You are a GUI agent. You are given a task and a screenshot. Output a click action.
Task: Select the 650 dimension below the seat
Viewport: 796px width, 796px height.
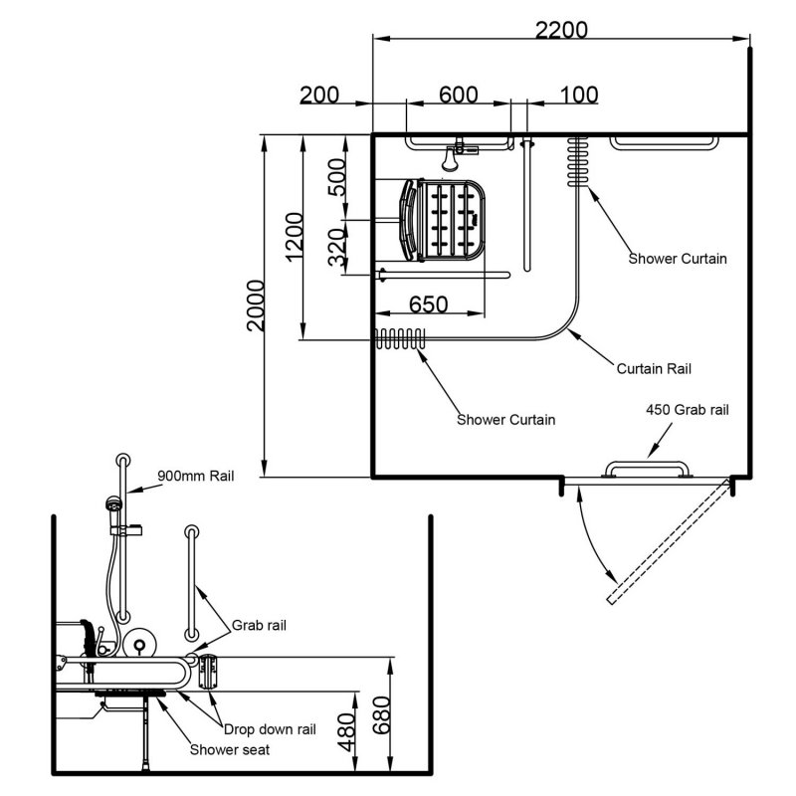coord(428,304)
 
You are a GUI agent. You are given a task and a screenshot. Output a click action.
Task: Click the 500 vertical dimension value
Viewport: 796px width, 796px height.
coord(337,177)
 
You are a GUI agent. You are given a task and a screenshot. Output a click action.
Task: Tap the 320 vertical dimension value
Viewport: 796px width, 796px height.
coord(337,248)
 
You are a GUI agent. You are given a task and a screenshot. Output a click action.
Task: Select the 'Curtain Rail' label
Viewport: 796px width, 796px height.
coord(653,369)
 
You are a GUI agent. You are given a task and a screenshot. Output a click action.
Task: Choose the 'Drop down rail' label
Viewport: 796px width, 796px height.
coord(269,728)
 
